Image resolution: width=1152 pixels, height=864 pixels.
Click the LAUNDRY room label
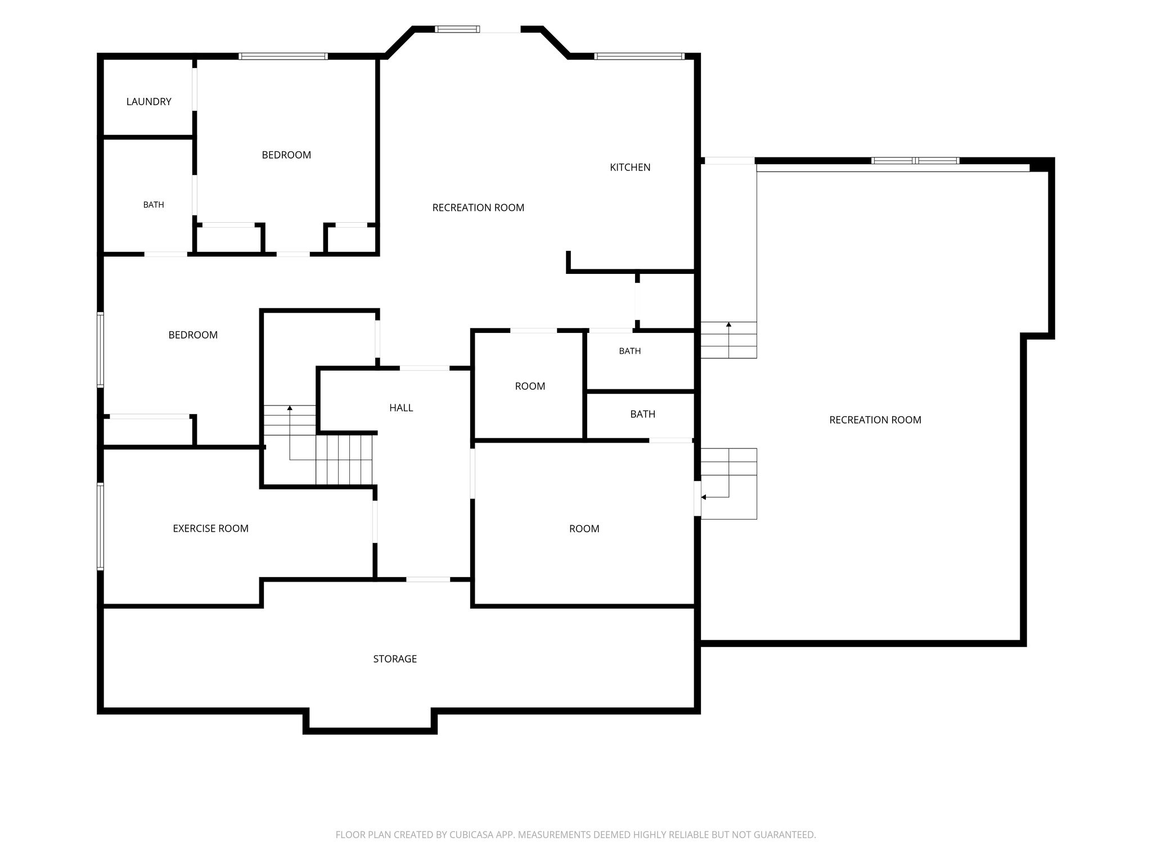pyautogui.click(x=148, y=102)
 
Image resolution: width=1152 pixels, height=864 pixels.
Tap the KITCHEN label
pyautogui.click(x=630, y=167)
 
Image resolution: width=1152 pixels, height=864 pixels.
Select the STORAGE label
pyautogui.click(x=395, y=659)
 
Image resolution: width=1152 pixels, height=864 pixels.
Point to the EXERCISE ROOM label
pyautogui.click(x=210, y=528)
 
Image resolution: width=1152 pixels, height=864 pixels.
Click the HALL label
pyautogui.click(x=401, y=408)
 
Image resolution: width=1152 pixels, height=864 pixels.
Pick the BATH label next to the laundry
pyautogui.click(x=154, y=205)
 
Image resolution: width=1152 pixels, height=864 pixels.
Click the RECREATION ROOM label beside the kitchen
pyautogui.click(x=478, y=208)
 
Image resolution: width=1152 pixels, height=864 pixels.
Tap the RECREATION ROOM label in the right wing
pyautogui.click(x=875, y=420)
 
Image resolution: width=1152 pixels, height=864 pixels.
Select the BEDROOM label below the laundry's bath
pyautogui.click(x=193, y=335)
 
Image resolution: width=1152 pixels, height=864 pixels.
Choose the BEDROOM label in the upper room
pyautogui.click(x=286, y=155)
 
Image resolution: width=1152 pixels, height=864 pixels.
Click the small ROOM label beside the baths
pyautogui.click(x=530, y=386)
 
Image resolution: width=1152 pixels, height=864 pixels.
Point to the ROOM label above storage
pyautogui.click(x=584, y=529)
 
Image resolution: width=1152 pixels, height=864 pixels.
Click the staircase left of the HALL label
pyautogui.click(x=318, y=444)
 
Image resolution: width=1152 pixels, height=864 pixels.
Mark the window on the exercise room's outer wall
pyautogui.click(x=101, y=526)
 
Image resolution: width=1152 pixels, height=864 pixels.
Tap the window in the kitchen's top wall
pyautogui.click(x=640, y=56)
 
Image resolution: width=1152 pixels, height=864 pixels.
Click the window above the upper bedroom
pyautogui.click(x=283, y=56)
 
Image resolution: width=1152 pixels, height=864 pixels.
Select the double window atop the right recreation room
pyautogui.click(x=915, y=161)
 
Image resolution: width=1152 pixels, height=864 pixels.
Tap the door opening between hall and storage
pyautogui.click(x=428, y=579)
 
